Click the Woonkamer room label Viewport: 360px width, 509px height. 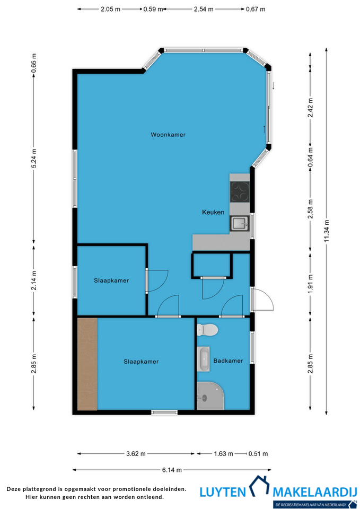pyautogui.click(x=168, y=135)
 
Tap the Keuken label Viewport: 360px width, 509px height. pyautogui.click(x=213, y=212)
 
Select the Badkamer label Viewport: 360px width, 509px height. pyautogui.click(x=228, y=361)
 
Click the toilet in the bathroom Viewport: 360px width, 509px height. pyautogui.click(x=207, y=330)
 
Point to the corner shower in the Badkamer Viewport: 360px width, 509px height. pyautogui.click(x=210, y=396)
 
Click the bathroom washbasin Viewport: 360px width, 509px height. pyautogui.click(x=204, y=359)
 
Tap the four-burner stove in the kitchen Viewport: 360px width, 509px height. pyautogui.click(x=240, y=191)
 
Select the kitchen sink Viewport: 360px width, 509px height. pyautogui.click(x=240, y=223)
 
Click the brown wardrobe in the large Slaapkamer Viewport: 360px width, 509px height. pyautogui.click(x=87, y=364)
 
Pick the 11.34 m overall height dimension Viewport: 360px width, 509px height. pyautogui.click(x=327, y=231)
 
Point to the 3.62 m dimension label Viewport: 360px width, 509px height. pyautogui.click(x=136, y=453)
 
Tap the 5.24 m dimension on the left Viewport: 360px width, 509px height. pyautogui.click(x=34, y=158)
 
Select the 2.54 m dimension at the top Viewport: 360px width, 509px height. pyautogui.click(x=204, y=9)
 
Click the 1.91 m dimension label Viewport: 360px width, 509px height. pyautogui.click(x=310, y=284)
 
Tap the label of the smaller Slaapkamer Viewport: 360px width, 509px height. pyautogui.click(x=111, y=280)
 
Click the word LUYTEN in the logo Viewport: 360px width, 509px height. pyautogui.click(x=223, y=493)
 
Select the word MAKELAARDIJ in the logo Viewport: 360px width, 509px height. pyautogui.click(x=314, y=493)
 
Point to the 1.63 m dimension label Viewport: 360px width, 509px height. pyautogui.click(x=223, y=453)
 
